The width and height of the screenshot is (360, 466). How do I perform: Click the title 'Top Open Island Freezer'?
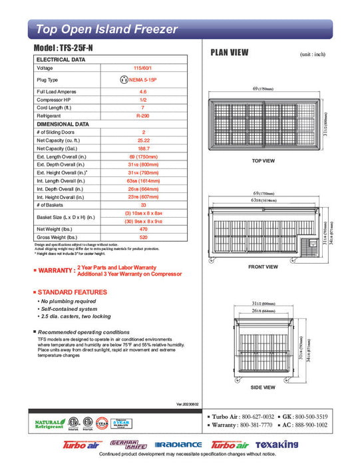click(106, 29)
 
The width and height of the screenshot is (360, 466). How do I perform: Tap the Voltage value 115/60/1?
click(143, 69)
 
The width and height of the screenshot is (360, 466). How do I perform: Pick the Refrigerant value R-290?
click(143, 115)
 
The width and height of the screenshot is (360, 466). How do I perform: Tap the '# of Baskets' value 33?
click(143, 206)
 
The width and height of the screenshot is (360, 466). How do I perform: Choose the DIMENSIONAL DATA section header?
click(63, 124)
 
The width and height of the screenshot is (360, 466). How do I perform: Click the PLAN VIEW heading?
click(230, 52)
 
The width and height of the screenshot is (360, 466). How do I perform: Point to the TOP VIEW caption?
click(264, 161)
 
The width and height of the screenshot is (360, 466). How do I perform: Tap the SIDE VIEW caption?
click(264, 387)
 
